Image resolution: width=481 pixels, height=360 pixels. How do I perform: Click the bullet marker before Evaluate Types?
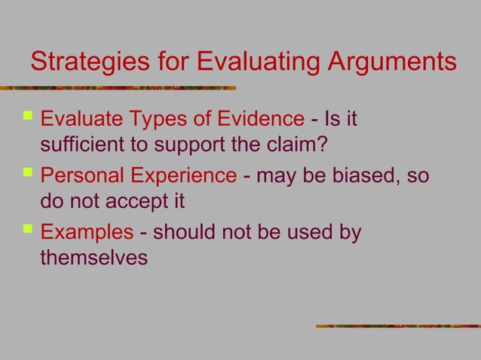(29, 117)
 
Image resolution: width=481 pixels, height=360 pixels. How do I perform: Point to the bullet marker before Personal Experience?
(29, 175)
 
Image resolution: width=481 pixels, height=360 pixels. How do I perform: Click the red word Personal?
(75, 176)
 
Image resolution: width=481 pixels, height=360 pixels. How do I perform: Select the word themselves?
(93, 260)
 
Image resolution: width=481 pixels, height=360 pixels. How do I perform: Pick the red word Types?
(164, 118)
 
